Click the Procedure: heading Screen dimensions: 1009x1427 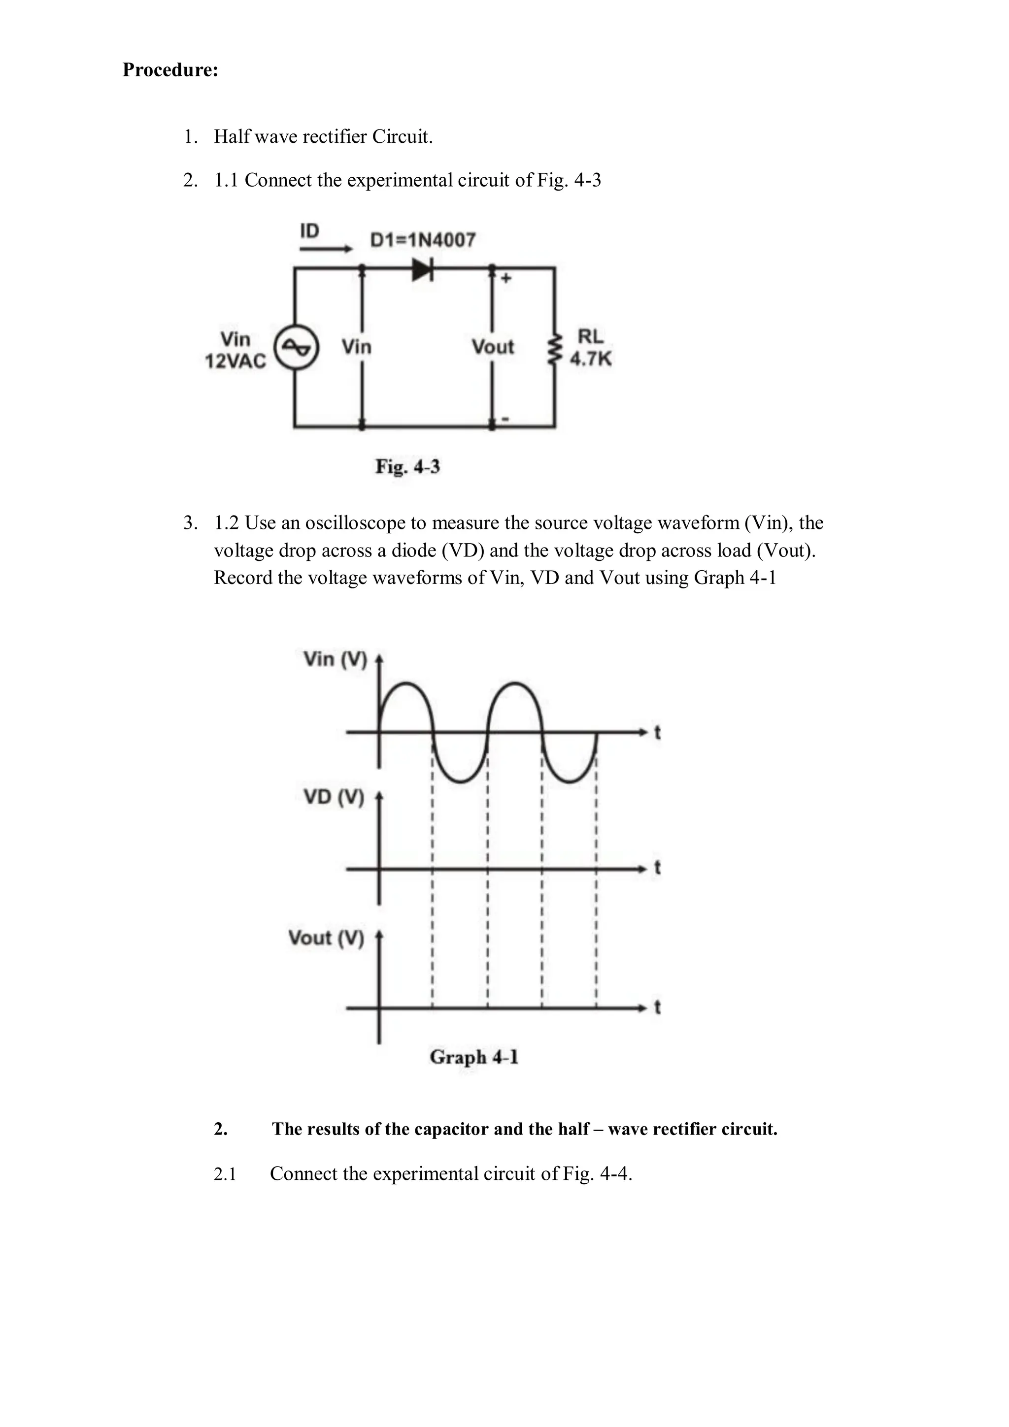tap(170, 69)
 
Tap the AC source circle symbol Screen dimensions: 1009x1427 tap(297, 349)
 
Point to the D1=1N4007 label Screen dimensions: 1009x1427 tap(423, 240)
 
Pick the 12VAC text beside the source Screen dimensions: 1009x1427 tap(235, 361)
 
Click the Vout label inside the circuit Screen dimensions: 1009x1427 tap(492, 346)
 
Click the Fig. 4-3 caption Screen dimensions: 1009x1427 tap(407, 466)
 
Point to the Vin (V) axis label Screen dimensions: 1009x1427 tap(335, 659)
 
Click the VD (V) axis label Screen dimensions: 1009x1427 tap(333, 797)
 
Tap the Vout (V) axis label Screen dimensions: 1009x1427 tap(326, 938)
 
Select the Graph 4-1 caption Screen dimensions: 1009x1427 tap(474, 1057)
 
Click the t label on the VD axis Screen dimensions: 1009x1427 tap(657, 868)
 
